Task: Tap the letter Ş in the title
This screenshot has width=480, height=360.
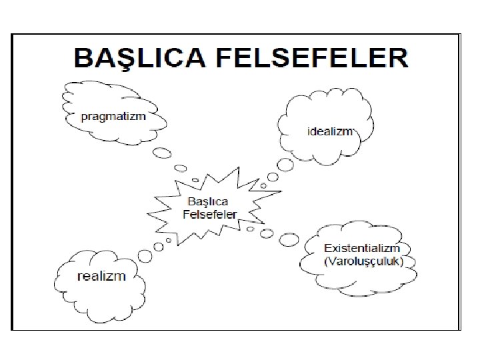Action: coord(119,58)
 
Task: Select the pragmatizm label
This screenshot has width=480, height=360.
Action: coord(113,115)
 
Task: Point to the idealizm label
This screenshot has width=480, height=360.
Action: coord(330,131)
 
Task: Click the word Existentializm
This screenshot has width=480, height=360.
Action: coord(361,249)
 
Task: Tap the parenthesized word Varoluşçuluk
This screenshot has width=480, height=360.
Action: coord(363,261)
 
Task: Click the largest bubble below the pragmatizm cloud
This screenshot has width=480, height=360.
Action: coord(163,153)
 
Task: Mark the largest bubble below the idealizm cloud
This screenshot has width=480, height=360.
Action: coord(285,164)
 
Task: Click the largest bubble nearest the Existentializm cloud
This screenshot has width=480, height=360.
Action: coord(289,238)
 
